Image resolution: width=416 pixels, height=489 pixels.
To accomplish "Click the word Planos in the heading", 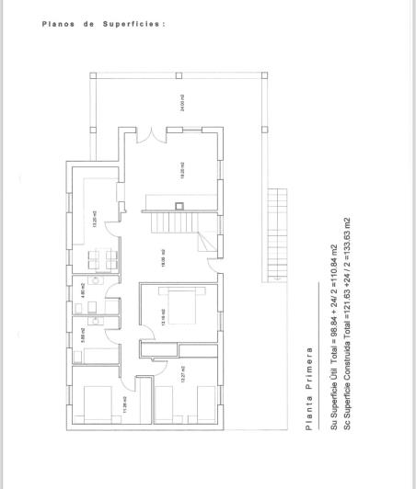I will [57, 25].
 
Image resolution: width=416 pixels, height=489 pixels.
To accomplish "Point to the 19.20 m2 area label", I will [182, 170].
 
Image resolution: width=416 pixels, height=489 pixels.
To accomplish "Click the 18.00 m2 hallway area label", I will [163, 258].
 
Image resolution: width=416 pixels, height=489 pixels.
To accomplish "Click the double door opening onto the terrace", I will [153, 136].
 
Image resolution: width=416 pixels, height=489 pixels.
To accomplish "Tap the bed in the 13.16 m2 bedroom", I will [178, 300].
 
